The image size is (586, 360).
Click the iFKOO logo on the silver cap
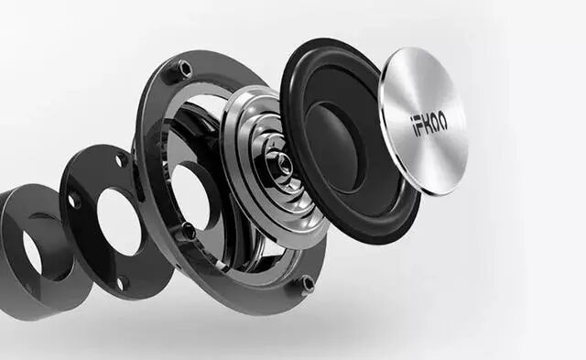pyautogui.click(x=429, y=126)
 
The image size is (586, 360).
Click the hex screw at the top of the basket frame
pyautogui.click(x=184, y=69)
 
